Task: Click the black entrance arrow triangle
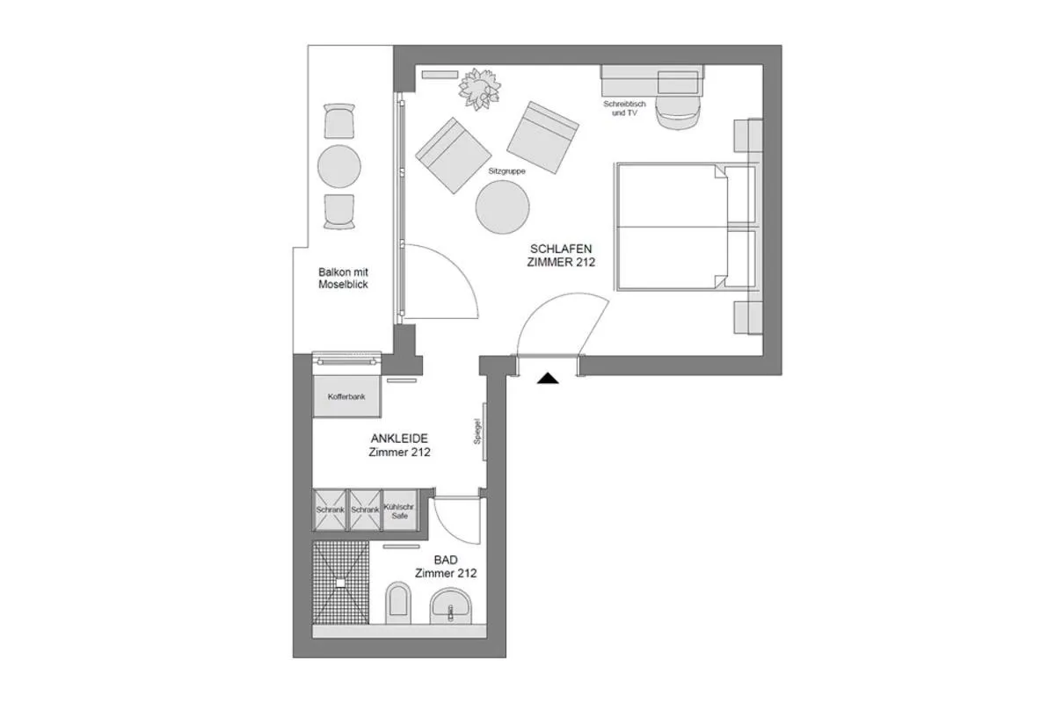pyautogui.click(x=549, y=379)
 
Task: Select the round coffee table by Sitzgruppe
pyautogui.click(x=502, y=207)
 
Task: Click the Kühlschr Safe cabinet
pyautogui.click(x=400, y=511)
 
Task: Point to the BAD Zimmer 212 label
pyautogui.click(x=446, y=566)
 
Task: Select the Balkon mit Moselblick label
pyautogui.click(x=343, y=279)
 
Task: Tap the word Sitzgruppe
pyautogui.click(x=506, y=171)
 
